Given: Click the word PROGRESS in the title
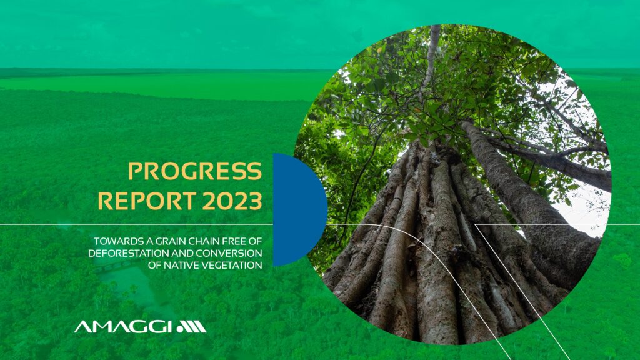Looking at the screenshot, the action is tap(195, 171).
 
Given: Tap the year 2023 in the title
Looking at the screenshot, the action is tap(232, 201).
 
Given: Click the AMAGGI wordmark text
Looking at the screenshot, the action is tap(123, 327).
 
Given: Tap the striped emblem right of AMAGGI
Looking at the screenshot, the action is tap(192, 327).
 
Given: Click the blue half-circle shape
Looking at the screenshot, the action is tap(300, 210).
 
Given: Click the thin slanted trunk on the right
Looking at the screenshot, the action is tap(531, 196).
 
